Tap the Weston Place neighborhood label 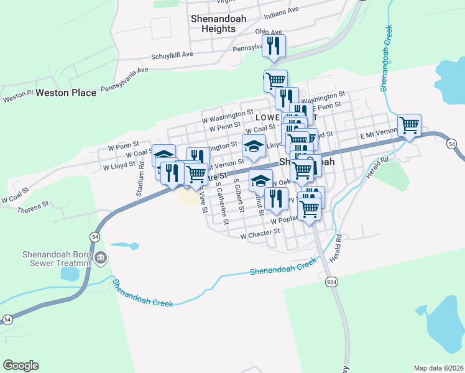(67, 93)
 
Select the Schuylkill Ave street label (172, 55)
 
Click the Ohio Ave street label (269, 32)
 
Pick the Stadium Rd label (141, 179)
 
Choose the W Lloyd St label (119, 166)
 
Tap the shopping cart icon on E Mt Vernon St (409, 125)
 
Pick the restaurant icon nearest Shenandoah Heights (274, 45)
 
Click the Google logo (21, 366)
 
